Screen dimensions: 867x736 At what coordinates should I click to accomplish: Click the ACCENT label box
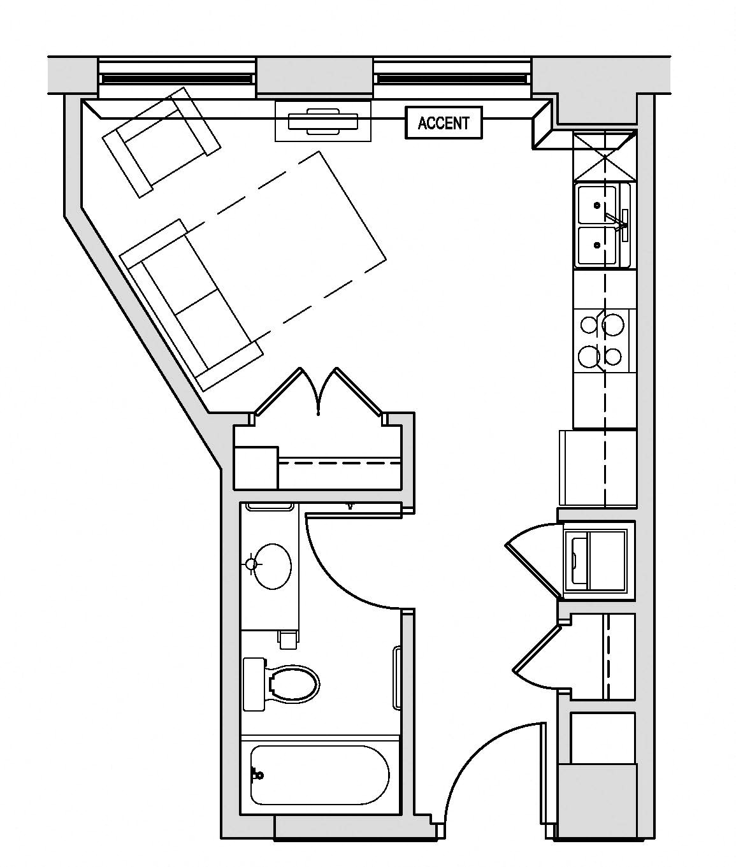click(444, 123)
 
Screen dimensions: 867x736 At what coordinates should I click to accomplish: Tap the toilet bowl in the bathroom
click(294, 685)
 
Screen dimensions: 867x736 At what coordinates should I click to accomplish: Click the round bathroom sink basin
click(273, 565)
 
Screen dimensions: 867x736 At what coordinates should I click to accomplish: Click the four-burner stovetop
click(602, 340)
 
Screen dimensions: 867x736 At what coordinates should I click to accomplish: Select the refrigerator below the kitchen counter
click(598, 468)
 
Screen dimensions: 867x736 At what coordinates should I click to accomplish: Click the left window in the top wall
click(177, 78)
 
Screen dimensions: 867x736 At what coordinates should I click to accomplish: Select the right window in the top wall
click(452, 78)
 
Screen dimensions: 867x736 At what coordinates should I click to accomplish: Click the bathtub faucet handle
click(257, 775)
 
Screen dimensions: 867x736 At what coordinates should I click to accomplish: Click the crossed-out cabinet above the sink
click(604, 156)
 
